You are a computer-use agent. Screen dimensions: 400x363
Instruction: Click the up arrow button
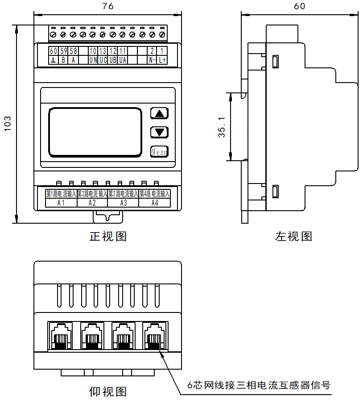[159, 113]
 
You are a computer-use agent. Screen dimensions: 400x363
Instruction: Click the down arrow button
[159, 132]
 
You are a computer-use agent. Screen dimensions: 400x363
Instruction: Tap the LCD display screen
[95, 132]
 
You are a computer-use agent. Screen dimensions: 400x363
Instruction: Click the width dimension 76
[107, 6]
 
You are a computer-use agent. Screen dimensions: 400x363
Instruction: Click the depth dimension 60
[300, 6]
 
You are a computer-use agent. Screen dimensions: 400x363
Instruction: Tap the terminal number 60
[53, 50]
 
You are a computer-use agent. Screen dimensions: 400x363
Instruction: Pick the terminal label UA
[123, 59]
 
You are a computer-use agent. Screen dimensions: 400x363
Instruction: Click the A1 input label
[62, 203]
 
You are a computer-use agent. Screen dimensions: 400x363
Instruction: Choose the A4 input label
[154, 203]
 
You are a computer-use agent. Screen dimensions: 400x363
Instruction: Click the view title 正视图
[108, 236]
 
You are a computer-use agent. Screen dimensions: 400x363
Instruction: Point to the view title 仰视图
[108, 392]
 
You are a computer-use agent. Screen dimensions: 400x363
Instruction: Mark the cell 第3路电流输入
[123, 194]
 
